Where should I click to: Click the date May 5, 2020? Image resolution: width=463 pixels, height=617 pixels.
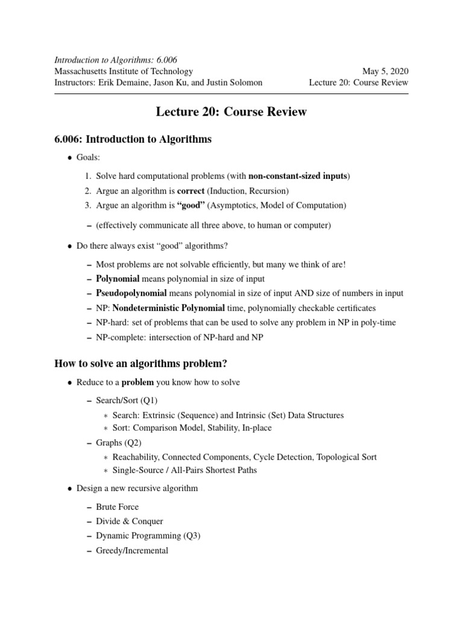(385, 71)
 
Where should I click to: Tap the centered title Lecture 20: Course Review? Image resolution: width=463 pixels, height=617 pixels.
(231, 113)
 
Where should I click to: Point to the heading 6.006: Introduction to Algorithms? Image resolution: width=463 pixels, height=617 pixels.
(133, 139)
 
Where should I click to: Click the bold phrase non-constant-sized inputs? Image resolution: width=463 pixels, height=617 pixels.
(298, 176)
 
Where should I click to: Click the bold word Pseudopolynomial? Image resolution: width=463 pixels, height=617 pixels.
(131, 293)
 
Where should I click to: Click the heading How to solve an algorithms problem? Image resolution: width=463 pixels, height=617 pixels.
(140, 363)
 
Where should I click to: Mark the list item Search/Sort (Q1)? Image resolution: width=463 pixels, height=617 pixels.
(127, 400)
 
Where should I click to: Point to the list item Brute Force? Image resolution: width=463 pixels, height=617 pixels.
(117, 507)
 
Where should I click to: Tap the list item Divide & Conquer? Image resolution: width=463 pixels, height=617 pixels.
(129, 521)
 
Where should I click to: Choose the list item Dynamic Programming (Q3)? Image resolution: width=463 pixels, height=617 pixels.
(147, 536)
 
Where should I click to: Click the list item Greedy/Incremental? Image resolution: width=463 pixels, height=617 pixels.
(132, 550)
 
